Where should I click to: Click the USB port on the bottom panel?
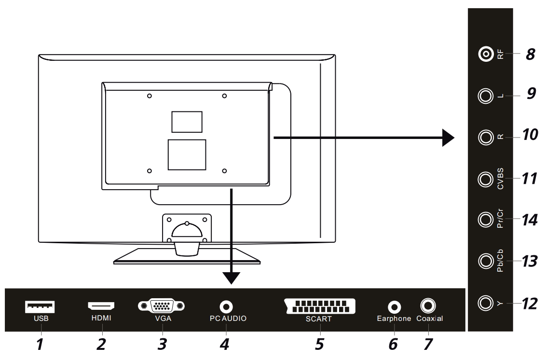(41, 306)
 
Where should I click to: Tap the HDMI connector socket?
(101, 306)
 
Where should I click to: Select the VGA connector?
(162, 306)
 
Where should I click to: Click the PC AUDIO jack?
(225, 306)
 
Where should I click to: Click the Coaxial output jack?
(428, 305)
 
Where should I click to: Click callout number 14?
(531, 220)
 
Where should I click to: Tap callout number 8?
(531, 54)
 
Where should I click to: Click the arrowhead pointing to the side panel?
(448, 138)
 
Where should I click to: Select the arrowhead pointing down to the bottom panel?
(232, 277)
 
